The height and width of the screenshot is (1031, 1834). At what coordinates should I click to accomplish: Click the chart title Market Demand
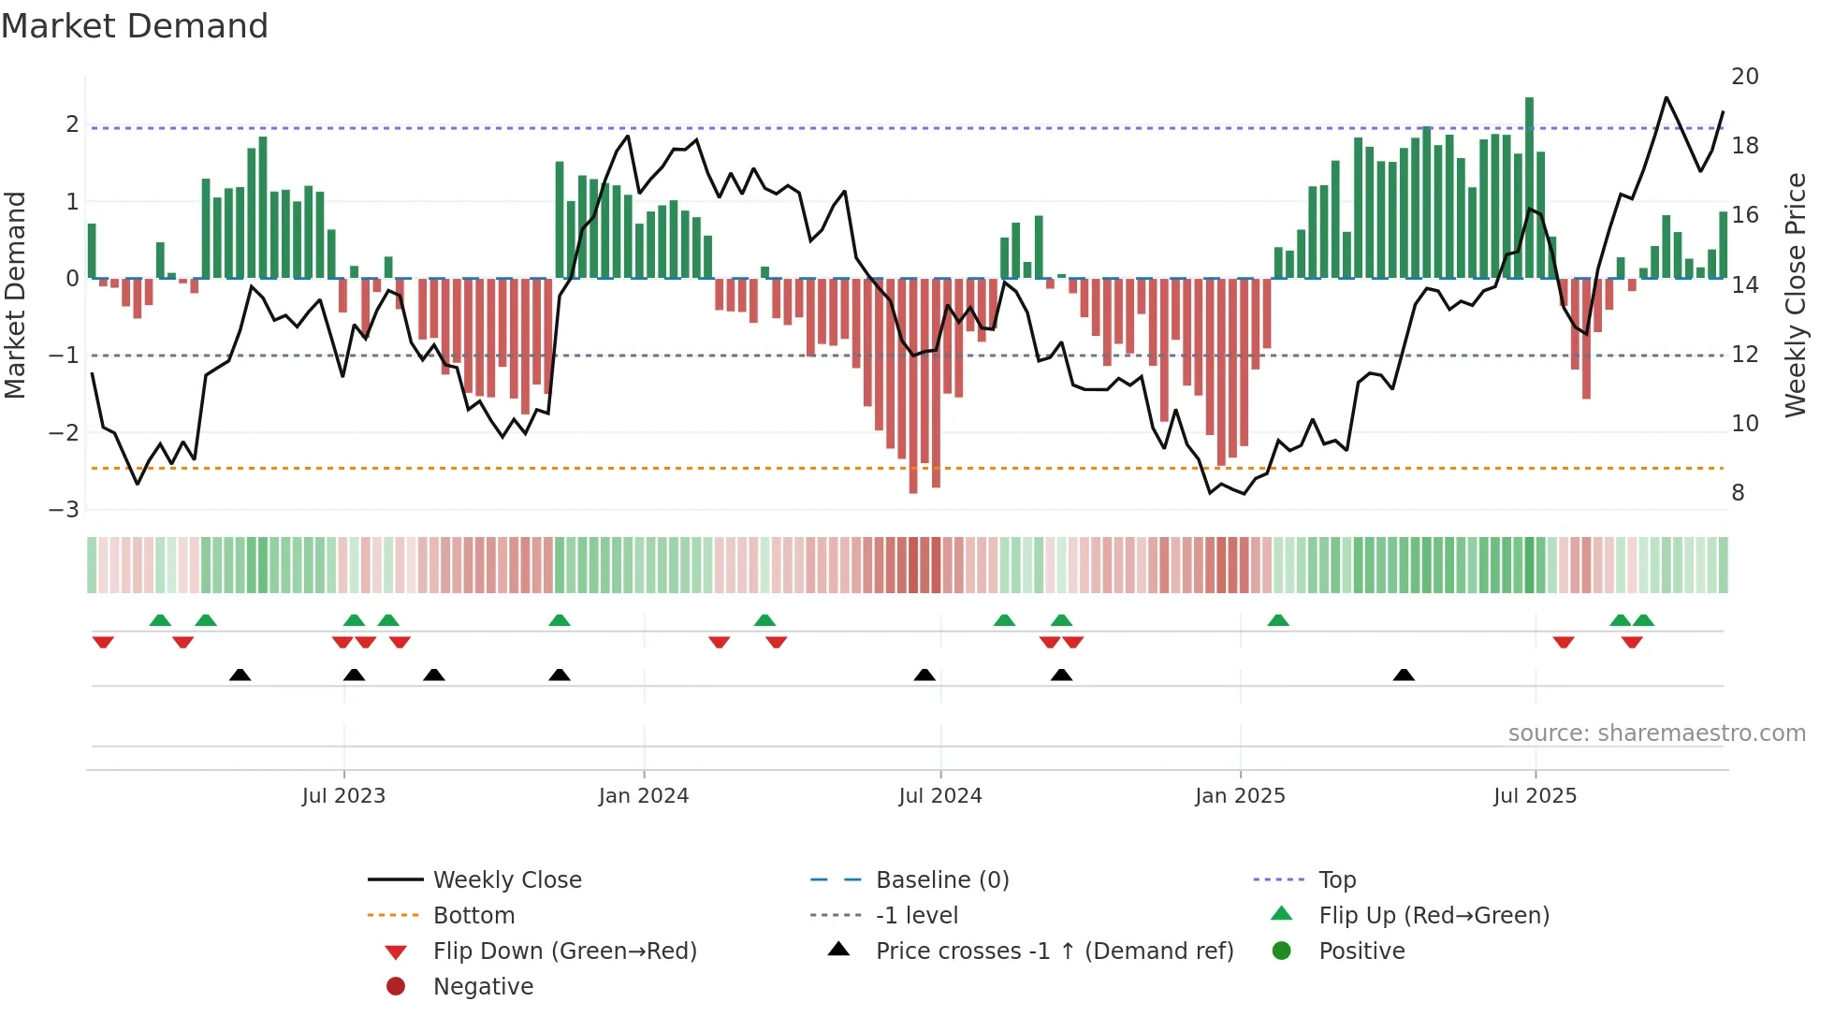(x=135, y=25)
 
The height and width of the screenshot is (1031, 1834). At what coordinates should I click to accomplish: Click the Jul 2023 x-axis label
(x=343, y=796)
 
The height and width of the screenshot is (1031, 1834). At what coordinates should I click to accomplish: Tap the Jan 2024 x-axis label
(x=644, y=796)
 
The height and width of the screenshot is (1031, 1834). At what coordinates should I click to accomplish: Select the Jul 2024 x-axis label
(x=940, y=796)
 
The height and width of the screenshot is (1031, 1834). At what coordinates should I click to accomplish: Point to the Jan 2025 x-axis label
(x=1240, y=796)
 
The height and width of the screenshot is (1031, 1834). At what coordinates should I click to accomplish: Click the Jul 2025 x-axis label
(x=1535, y=796)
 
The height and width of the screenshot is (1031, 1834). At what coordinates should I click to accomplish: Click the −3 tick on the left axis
(x=65, y=510)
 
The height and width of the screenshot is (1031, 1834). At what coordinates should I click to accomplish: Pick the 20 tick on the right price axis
(x=1744, y=77)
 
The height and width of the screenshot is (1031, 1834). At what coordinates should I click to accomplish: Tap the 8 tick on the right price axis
(x=1738, y=493)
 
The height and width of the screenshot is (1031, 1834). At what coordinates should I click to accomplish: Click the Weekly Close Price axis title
(x=1795, y=295)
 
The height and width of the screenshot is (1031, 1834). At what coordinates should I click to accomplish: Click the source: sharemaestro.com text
(x=1656, y=733)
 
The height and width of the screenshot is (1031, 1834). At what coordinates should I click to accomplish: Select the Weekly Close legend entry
(x=506, y=880)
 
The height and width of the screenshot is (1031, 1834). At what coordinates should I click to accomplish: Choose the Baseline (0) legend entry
(x=941, y=880)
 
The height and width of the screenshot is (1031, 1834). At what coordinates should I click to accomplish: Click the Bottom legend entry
(x=473, y=916)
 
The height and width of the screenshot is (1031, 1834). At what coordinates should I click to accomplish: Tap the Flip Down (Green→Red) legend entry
(x=564, y=951)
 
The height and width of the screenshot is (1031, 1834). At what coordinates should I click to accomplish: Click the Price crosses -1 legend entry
(x=1054, y=951)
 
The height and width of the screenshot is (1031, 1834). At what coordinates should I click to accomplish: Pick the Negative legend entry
(x=483, y=987)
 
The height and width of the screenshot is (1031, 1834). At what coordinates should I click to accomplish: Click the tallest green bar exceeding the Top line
(x=1529, y=187)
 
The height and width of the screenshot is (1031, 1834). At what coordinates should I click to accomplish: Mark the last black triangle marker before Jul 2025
(x=1404, y=675)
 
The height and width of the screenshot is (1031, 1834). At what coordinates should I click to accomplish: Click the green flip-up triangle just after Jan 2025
(x=1278, y=620)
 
